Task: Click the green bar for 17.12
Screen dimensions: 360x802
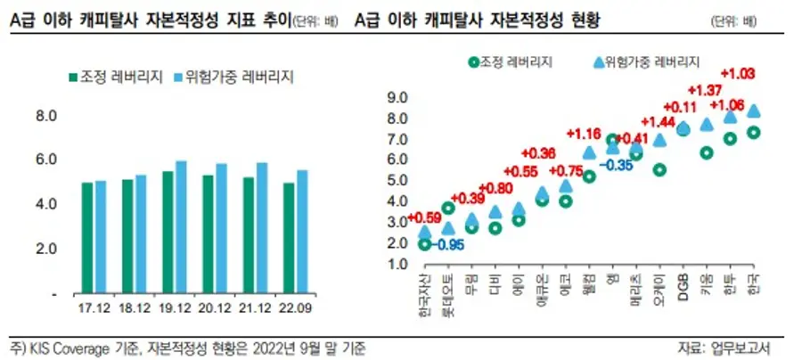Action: (x=86, y=238)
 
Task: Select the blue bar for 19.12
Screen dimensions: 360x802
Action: (x=181, y=227)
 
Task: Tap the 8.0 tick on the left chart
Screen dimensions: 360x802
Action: (x=45, y=116)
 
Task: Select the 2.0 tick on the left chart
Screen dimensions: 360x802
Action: (x=45, y=248)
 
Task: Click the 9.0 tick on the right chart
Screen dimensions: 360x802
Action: (x=397, y=97)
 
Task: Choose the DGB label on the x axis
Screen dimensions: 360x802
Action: (x=684, y=288)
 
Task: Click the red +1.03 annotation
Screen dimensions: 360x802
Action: (x=738, y=72)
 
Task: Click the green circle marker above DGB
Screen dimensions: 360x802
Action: (x=683, y=129)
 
